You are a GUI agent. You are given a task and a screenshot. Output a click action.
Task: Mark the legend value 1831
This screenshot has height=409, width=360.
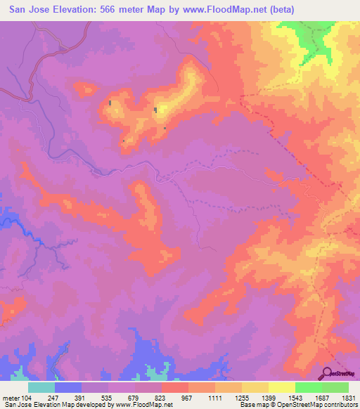349,397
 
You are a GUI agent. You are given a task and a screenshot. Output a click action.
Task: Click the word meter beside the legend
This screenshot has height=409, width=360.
8,397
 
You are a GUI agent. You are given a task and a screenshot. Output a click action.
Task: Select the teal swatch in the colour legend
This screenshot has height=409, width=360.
41,387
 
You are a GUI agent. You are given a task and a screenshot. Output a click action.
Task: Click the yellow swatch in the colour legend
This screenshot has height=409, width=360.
282,387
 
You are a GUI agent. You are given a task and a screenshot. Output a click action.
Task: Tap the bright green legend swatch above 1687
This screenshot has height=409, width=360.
309,387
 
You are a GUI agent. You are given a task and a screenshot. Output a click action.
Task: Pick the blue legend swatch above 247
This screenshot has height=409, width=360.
68,387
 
